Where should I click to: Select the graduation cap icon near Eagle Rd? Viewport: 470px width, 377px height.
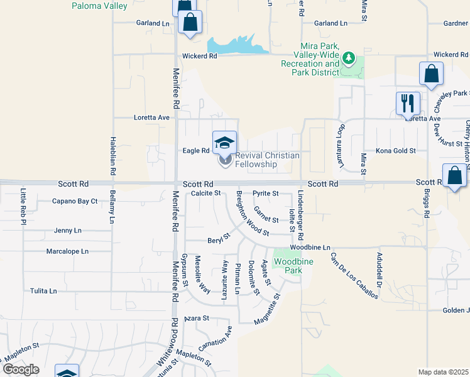coord(225,143)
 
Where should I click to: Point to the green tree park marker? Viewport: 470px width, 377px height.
coord(349,60)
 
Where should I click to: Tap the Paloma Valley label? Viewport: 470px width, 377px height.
coord(99,6)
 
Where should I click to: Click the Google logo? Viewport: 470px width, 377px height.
coord(21,369)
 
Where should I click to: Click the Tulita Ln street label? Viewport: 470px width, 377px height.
coord(43,292)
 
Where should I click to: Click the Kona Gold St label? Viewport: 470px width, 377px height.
coord(396,151)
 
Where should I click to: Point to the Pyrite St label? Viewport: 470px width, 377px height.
coord(266,194)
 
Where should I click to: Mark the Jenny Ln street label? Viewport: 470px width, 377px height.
coord(68,231)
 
